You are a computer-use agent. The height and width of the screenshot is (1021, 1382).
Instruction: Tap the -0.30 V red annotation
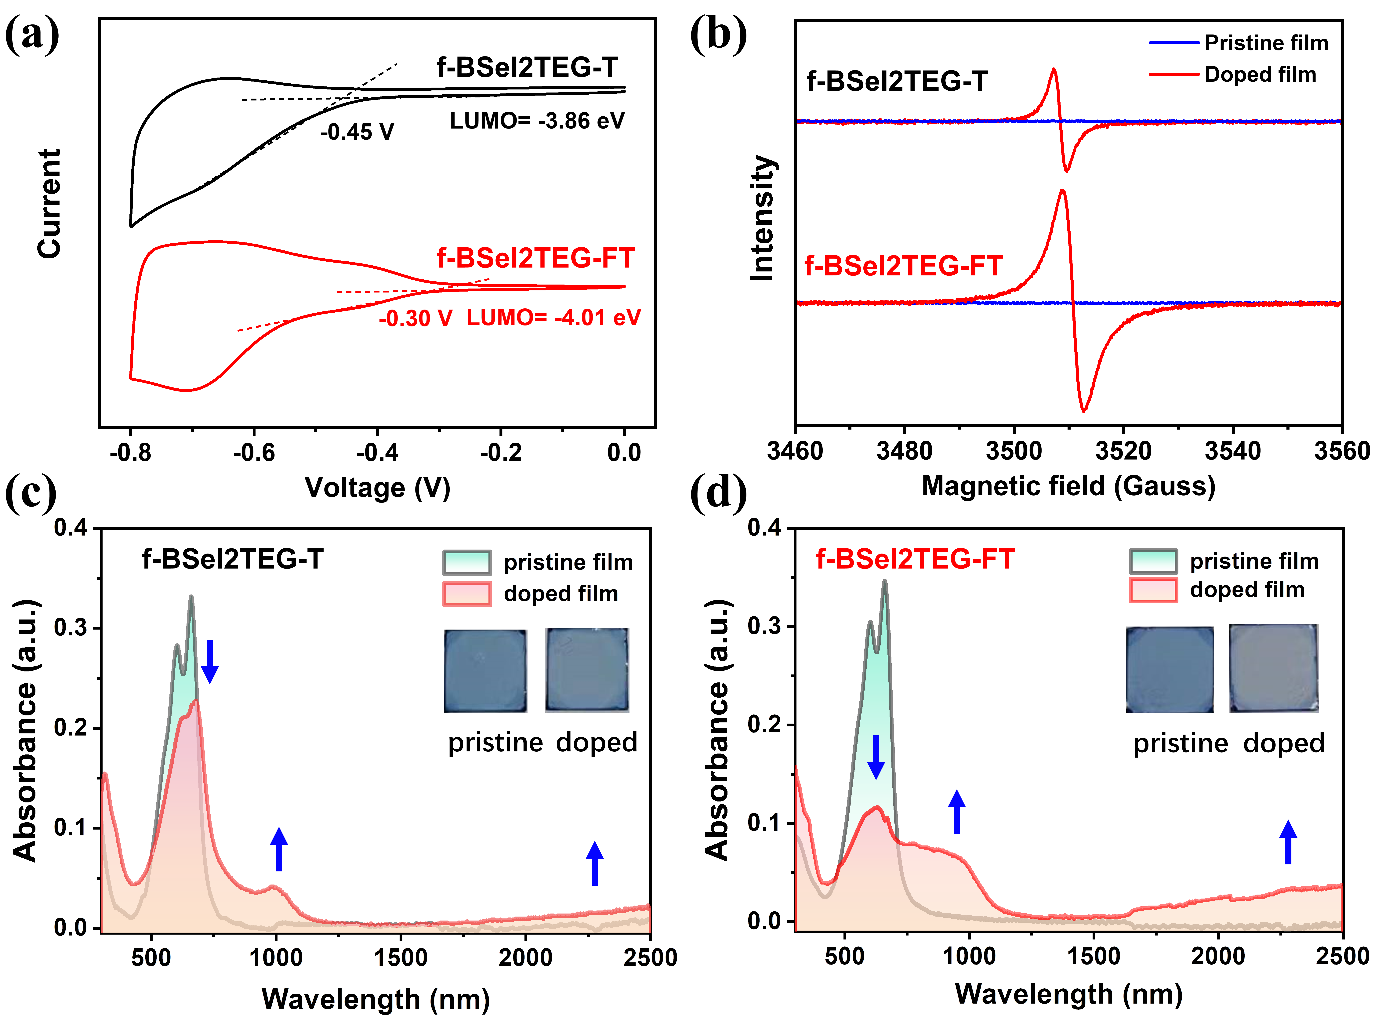415,318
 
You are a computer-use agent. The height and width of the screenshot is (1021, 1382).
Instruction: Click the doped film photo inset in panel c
587,670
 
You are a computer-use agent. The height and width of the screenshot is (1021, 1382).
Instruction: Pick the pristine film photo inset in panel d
1169,669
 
